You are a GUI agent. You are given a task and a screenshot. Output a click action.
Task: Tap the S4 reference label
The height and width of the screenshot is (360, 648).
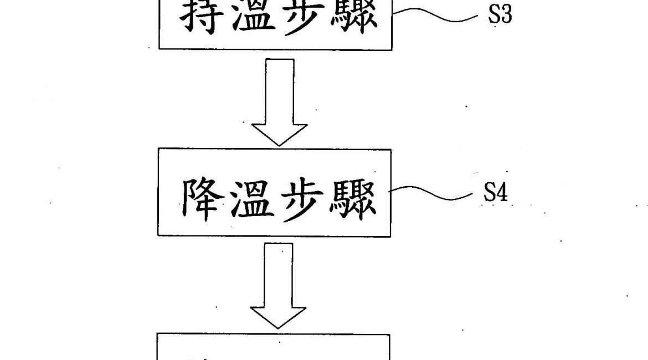coord(496,193)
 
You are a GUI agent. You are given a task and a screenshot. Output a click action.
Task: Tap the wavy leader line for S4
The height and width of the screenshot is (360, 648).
coord(432,193)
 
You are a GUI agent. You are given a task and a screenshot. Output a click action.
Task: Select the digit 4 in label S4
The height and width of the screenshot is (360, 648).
coord(502,193)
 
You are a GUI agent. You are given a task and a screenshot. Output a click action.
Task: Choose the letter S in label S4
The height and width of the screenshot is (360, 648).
coord(489,193)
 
